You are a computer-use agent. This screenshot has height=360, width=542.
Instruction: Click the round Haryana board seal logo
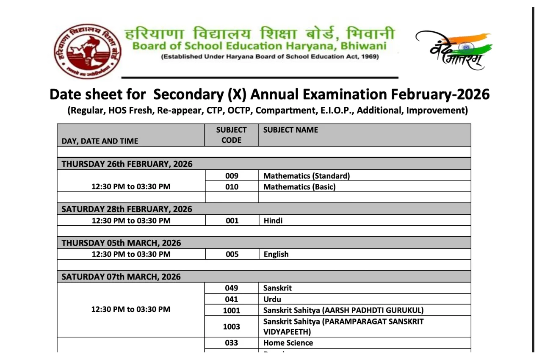click(88, 51)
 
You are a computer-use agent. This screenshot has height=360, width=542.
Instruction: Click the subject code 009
click(232, 176)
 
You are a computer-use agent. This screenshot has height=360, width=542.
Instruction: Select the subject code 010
click(232, 187)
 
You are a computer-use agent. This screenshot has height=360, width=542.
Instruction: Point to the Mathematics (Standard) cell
click(306, 176)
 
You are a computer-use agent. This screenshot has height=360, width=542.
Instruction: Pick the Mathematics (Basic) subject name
click(299, 187)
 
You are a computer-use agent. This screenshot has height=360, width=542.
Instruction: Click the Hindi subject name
click(273, 221)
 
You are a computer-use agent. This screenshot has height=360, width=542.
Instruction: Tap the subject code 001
click(232, 221)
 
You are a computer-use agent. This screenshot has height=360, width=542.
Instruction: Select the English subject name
click(276, 254)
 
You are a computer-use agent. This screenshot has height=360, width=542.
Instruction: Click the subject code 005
click(232, 254)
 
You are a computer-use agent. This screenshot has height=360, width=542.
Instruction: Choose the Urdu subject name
click(272, 299)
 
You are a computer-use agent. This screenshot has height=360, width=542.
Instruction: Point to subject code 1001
click(232, 310)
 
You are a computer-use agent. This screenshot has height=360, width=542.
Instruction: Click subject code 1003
click(232, 327)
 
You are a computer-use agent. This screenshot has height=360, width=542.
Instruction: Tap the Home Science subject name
click(288, 343)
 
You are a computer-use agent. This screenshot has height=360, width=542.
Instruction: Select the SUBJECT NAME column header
click(290, 130)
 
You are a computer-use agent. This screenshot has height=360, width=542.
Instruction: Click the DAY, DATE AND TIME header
click(100, 141)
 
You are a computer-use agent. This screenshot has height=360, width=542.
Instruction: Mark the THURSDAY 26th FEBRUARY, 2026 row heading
click(127, 164)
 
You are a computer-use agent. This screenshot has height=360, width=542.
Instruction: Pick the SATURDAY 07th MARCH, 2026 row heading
click(121, 277)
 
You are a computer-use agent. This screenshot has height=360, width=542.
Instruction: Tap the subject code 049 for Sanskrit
click(232, 288)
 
